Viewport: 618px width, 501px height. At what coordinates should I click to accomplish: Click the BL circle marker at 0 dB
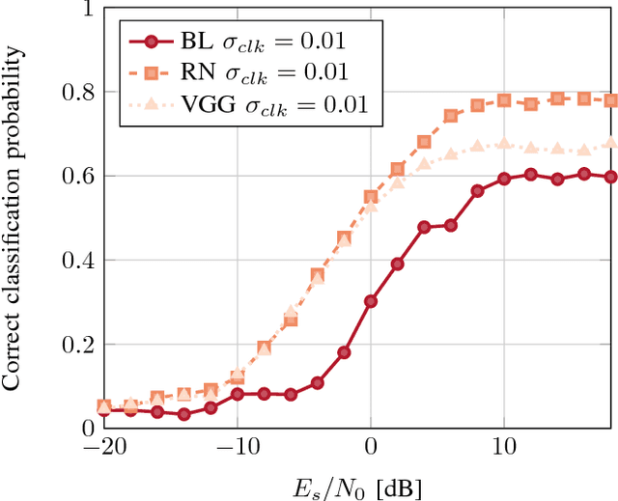click(x=371, y=301)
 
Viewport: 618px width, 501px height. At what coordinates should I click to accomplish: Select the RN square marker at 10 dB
click(x=504, y=100)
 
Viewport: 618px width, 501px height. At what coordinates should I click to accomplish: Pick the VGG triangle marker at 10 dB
click(x=504, y=143)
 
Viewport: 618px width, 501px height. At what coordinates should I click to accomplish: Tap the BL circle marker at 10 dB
click(x=504, y=179)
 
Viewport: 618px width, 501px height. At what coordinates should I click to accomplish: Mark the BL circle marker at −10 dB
click(x=238, y=394)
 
